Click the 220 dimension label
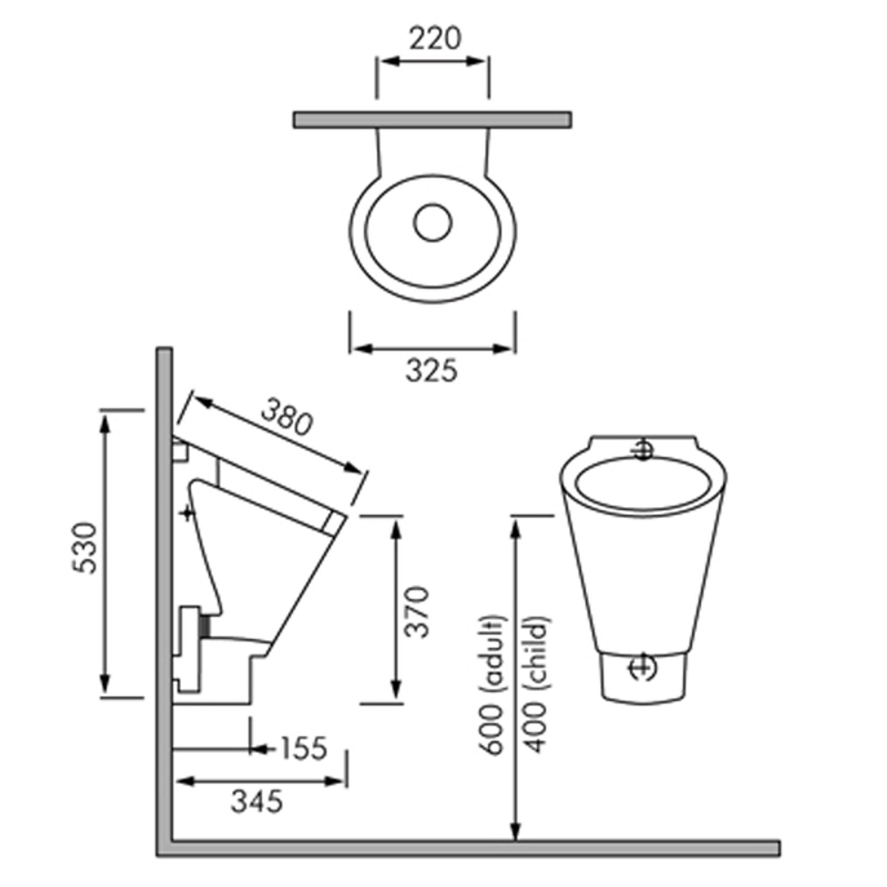coord(436,39)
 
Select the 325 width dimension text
coord(431,370)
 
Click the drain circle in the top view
coord(433,222)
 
